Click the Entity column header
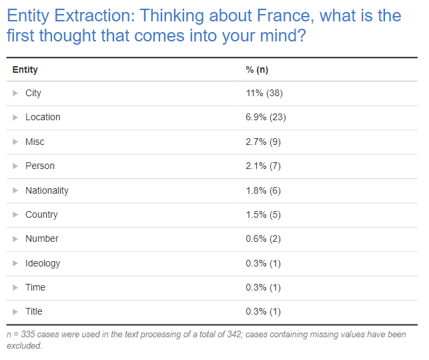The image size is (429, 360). [25, 69]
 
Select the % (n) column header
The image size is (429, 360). [257, 69]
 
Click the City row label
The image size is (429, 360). [33, 93]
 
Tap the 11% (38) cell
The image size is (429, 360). [264, 93]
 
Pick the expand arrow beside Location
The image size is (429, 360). [15, 118]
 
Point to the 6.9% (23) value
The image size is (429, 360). [266, 117]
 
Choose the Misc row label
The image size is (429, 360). [35, 142]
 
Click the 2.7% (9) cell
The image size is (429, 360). [264, 142]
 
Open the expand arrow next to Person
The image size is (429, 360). [15, 166]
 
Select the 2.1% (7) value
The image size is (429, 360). [264, 166]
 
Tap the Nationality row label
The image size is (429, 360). [47, 190]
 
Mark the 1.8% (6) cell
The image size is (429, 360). [264, 190]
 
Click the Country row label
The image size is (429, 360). [41, 214]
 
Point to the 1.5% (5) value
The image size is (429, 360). [264, 214]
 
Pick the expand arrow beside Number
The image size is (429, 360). [15, 239]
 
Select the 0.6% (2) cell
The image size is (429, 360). [264, 238]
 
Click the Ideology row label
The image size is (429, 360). [43, 263]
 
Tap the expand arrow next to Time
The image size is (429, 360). [15, 288]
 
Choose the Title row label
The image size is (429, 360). [34, 311]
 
